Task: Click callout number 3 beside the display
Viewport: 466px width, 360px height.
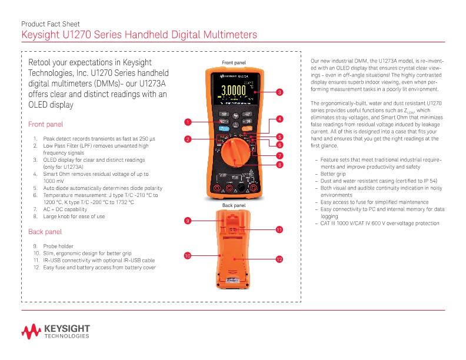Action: point(279,92)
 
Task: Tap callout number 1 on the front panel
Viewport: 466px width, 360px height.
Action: point(187,122)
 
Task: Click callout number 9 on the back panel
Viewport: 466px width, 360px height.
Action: point(187,221)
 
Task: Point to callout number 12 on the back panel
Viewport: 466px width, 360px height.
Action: point(279,259)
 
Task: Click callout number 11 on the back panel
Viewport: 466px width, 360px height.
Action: point(279,229)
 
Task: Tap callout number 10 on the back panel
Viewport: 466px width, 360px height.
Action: point(187,256)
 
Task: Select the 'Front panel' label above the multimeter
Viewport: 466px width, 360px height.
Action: point(234,62)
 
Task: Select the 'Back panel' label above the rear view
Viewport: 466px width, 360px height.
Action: point(234,205)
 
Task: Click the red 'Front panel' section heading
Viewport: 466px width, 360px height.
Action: point(46,125)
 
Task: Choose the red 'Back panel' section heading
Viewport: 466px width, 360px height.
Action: point(45,232)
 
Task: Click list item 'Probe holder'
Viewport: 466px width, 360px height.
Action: point(58,245)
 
